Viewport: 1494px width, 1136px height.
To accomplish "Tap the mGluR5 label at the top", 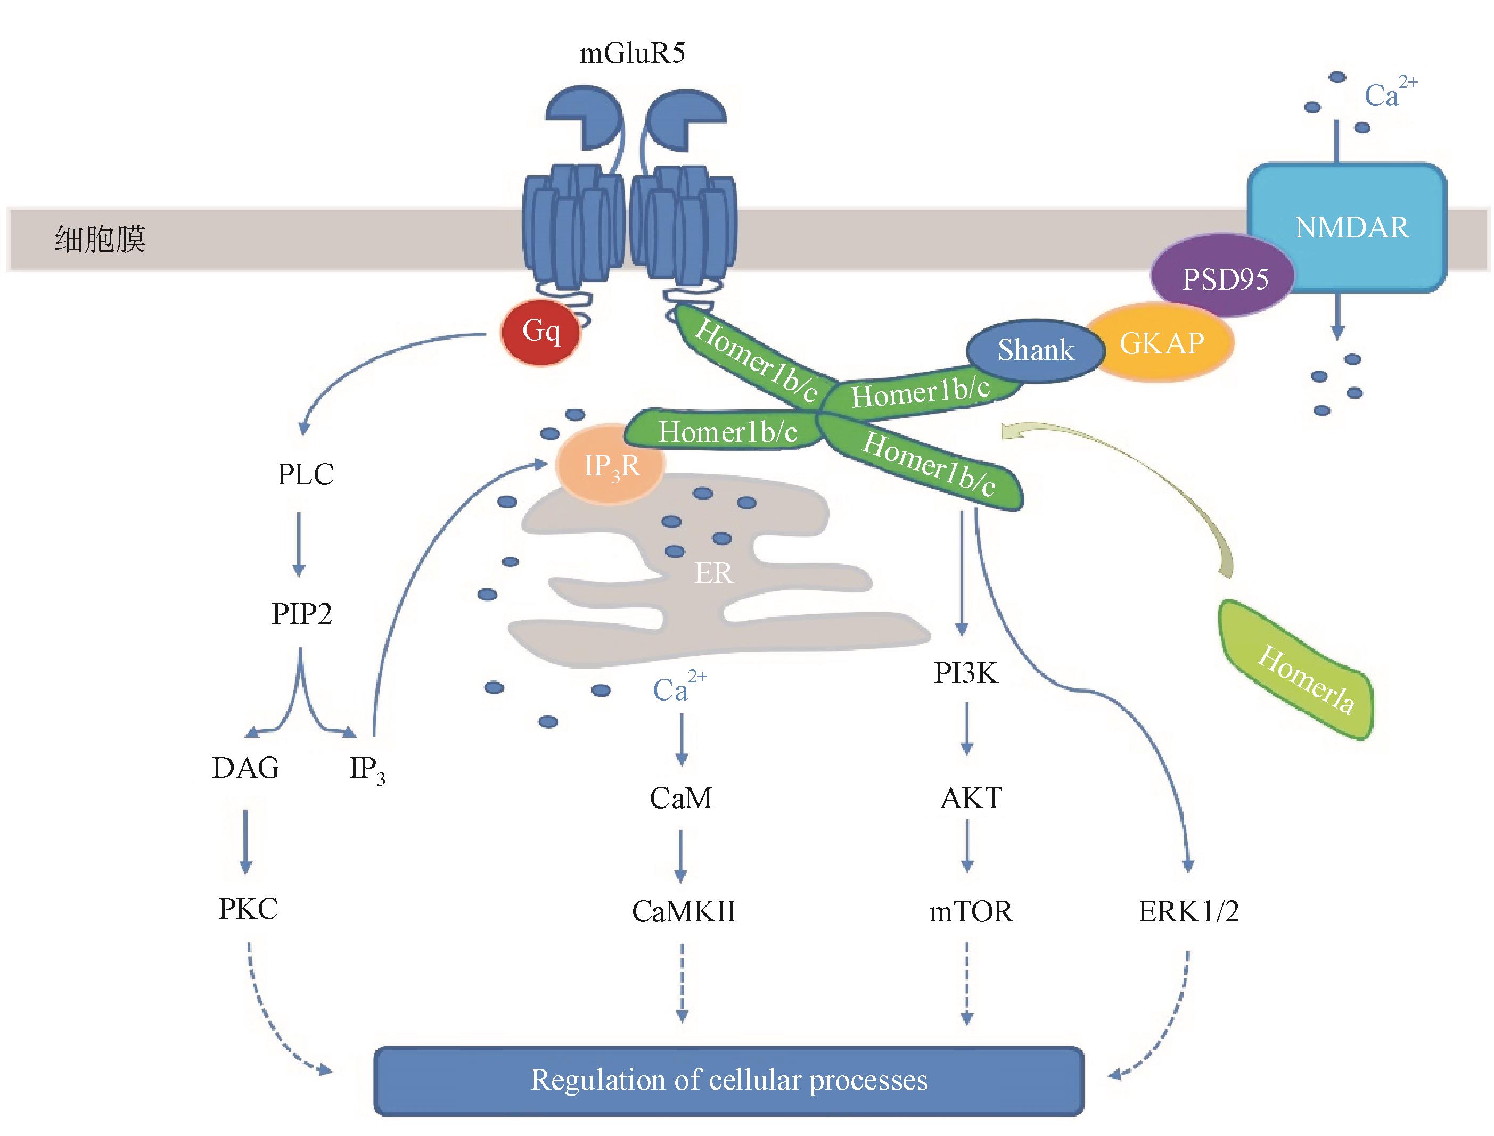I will [633, 53].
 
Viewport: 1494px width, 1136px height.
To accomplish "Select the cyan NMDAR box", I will [1350, 227].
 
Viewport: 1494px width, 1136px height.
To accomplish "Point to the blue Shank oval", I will [1035, 350].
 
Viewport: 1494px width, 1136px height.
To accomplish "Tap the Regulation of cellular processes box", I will [728, 1080].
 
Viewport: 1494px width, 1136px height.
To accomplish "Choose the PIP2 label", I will [302, 614].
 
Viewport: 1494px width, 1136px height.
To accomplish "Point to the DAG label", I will [245, 768].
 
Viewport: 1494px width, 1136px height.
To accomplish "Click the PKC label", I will [248, 909].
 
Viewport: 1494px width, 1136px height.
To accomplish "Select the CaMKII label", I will [683, 911].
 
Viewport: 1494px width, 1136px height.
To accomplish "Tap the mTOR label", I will [971, 911].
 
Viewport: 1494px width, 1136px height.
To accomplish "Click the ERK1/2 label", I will [1188, 911].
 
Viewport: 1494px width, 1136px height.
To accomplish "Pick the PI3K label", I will [966, 673].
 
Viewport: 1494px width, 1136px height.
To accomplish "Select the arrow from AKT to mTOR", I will [967, 845].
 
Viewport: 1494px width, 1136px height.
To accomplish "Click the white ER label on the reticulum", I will [713, 573].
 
